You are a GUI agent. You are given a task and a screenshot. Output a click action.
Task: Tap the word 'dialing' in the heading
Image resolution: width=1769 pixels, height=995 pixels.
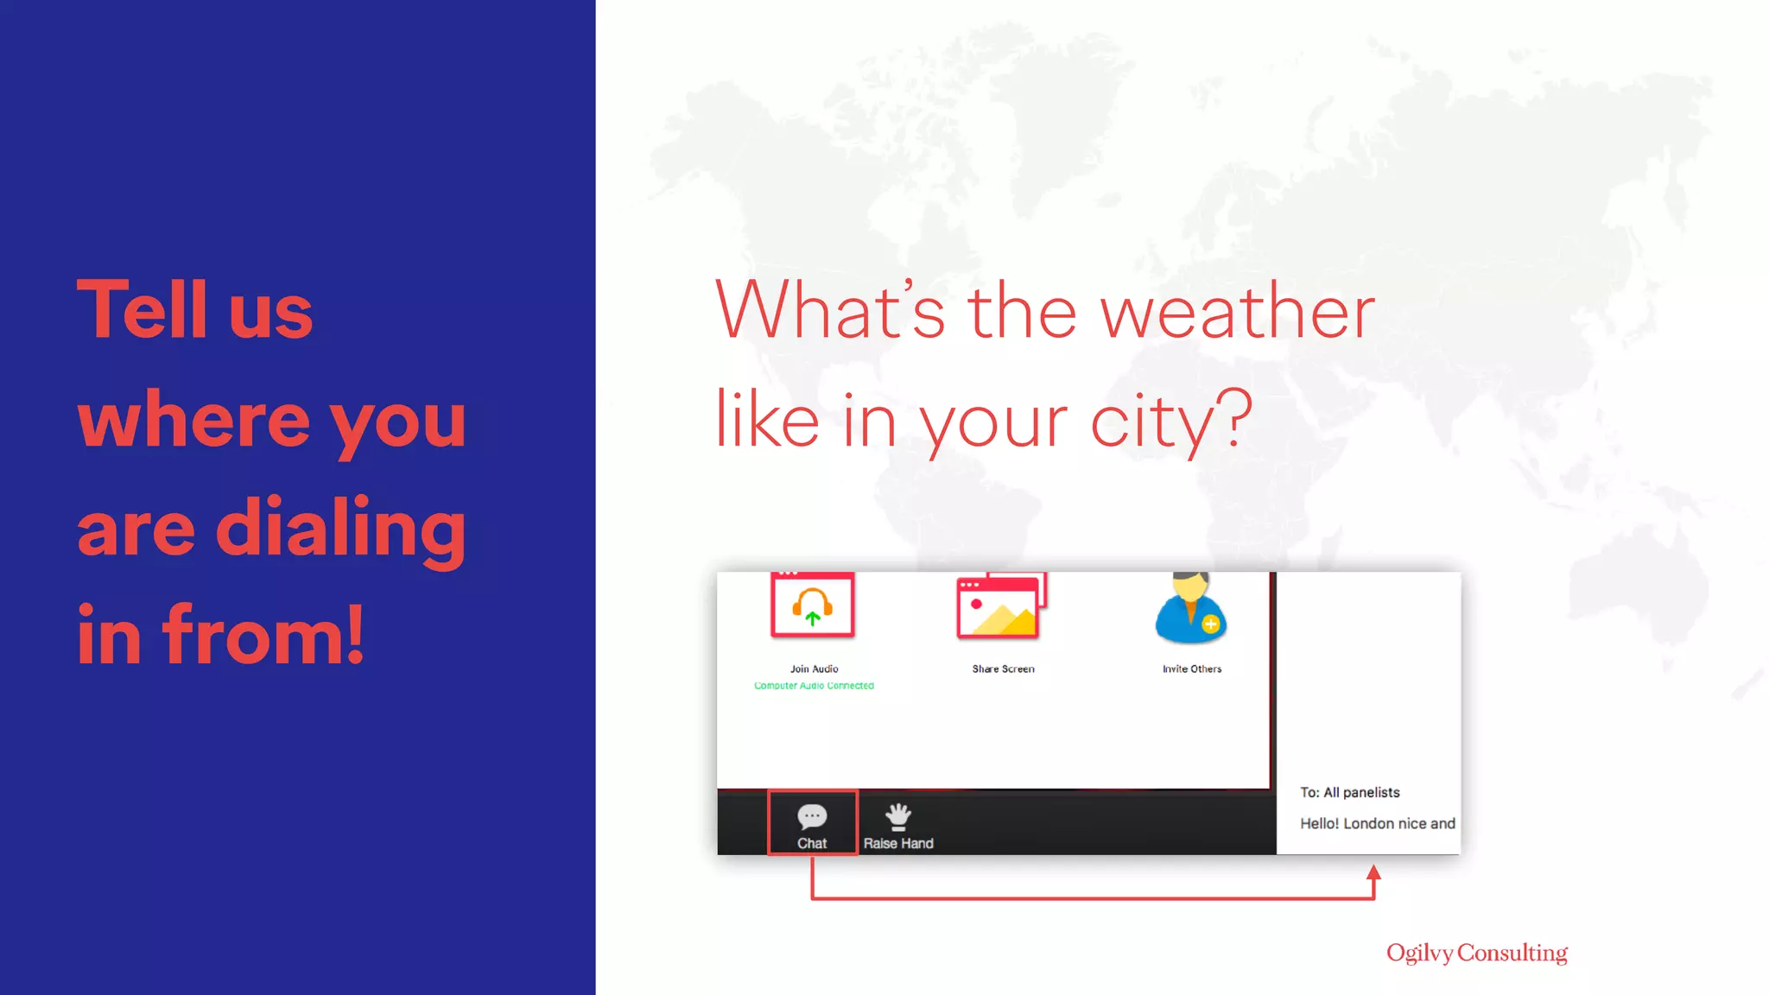point(340,529)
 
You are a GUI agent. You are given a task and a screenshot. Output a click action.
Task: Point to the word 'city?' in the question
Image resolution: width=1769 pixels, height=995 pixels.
point(1170,421)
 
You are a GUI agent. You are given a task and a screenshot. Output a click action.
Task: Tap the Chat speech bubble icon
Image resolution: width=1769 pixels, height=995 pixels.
point(812,816)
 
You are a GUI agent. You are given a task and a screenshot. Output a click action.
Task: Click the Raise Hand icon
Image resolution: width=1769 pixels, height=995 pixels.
point(898,816)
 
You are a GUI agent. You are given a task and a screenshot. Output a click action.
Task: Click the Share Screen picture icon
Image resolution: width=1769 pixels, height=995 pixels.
point(1000,607)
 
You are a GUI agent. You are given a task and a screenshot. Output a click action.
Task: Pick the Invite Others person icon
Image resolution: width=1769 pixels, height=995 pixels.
point(1190,610)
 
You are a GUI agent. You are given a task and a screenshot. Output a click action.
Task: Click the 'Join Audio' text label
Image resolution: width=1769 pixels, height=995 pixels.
point(814,669)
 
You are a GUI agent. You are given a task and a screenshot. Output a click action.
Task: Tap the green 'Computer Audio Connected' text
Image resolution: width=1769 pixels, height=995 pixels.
point(814,686)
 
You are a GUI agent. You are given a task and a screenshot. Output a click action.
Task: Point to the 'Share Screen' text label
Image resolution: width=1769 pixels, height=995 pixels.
point(1003,669)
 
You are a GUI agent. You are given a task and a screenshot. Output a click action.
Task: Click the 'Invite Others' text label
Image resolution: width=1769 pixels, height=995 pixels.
point(1192,669)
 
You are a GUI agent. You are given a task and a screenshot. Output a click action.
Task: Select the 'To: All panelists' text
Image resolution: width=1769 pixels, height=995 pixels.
point(1349,792)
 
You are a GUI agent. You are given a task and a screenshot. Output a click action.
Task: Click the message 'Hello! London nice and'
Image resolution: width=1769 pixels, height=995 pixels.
point(1377,823)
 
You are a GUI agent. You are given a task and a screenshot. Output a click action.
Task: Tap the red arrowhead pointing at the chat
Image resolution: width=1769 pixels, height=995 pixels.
point(1373,873)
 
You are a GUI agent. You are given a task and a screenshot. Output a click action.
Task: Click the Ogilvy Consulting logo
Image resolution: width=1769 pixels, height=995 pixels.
point(1476,953)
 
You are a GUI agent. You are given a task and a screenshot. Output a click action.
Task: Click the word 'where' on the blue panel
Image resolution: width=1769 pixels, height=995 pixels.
point(193,420)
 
